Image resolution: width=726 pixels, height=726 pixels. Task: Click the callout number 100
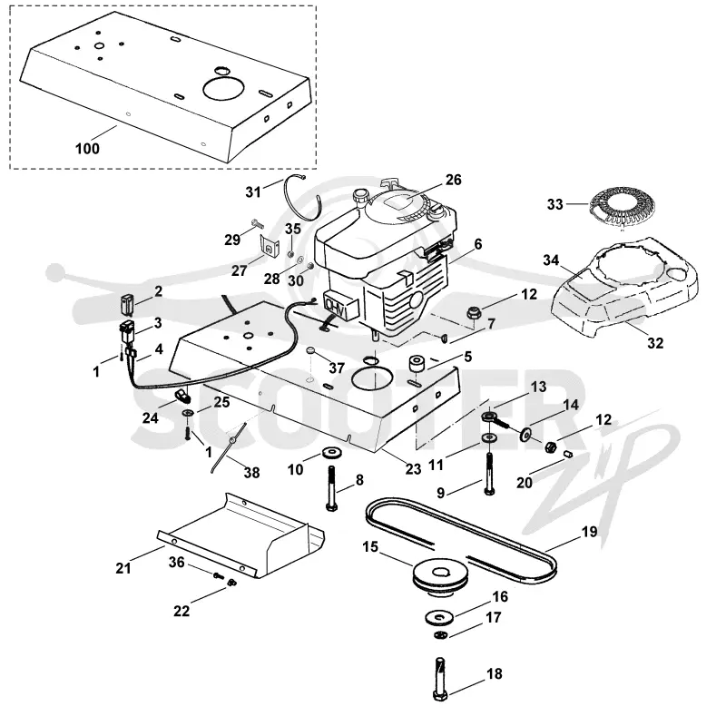tap(87, 149)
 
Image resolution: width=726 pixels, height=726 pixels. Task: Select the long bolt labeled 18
tap(441, 679)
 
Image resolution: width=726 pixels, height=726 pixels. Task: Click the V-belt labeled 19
tap(461, 538)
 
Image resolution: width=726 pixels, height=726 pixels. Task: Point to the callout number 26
tap(453, 180)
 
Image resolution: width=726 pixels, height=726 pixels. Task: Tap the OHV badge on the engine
tap(340, 306)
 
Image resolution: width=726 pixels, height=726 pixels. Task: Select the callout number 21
tap(123, 568)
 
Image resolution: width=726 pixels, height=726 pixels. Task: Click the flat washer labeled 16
tap(439, 617)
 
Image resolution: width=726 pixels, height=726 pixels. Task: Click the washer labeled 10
tap(330, 451)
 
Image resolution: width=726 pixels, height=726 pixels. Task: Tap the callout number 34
tap(551, 260)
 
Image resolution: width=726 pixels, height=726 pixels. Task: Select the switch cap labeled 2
tap(126, 304)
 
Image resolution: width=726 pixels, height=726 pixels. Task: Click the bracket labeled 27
tap(269, 245)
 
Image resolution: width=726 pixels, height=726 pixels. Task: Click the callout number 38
tap(252, 473)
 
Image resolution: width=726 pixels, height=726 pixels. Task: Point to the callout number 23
tap(414, 469)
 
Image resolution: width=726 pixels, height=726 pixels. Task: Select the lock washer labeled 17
tap(441, 634)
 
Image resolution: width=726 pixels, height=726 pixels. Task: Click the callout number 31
tap(253, 192)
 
